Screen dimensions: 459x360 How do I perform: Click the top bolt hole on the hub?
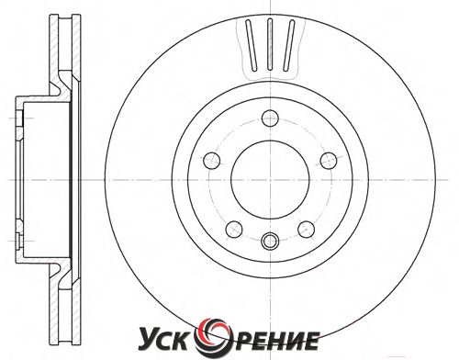click(x=270, y=118)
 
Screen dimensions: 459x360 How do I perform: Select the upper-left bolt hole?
click(x=212, y=160)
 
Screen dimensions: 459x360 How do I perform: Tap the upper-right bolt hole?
click(x=329, y=160)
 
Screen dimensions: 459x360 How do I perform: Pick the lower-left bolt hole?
click(x=234, y=229)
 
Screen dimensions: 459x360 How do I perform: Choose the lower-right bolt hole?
click(x=307, y=229)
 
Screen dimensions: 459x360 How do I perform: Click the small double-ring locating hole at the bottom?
click(x=270, y=241)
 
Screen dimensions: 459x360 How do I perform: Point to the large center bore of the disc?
click(x=270, y=180)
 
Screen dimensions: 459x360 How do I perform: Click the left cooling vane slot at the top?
click(x=252, y=45)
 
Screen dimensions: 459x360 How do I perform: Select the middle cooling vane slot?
click(x=270, y=45)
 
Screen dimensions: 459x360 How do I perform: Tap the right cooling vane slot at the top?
click(x=288, y=45)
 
